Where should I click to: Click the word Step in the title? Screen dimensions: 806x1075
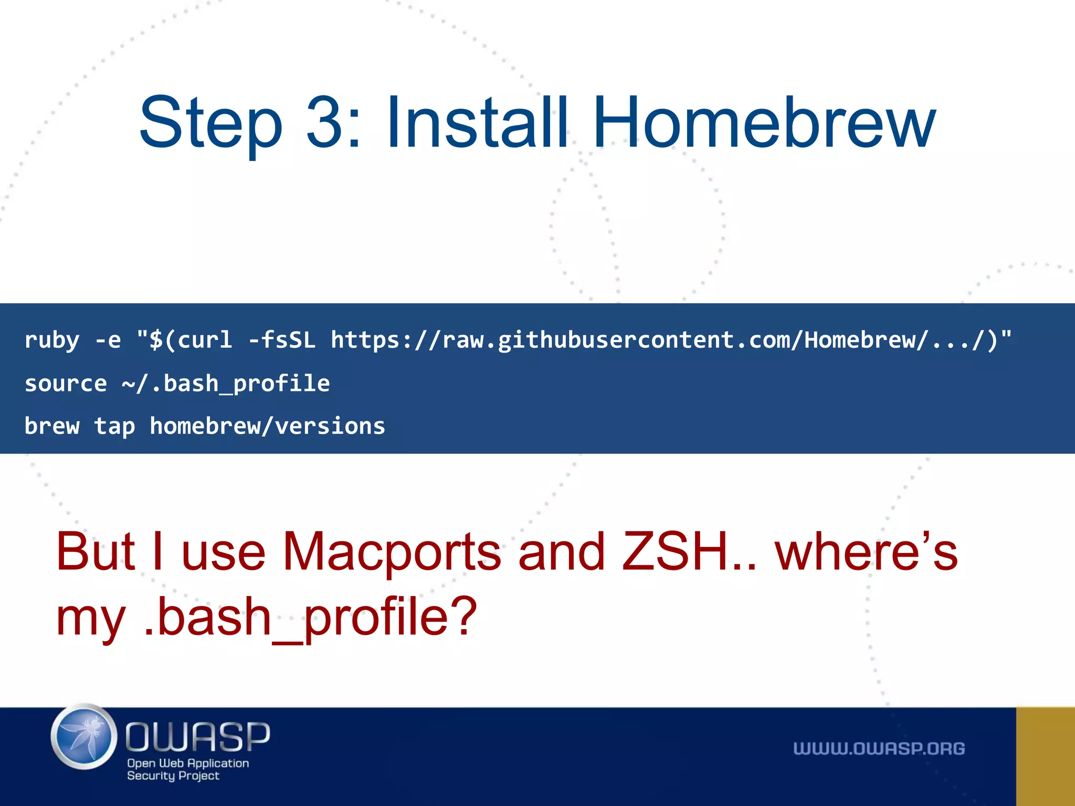210,123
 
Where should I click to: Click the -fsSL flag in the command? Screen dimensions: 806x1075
282,340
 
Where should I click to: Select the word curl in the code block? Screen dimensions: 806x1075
205,340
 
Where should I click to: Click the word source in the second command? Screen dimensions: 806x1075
66,384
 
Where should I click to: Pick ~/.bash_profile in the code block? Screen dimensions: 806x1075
226,384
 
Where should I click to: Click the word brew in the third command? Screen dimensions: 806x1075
52,426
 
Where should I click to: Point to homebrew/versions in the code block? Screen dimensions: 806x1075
267,426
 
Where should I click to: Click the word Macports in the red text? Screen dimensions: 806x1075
392,552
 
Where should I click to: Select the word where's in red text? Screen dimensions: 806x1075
866,552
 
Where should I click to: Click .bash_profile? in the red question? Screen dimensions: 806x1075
310,617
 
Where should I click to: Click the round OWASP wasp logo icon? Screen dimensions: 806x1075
84,737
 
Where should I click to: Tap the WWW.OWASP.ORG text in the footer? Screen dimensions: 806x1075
879,749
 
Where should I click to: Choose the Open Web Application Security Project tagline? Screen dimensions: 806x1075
187,769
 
